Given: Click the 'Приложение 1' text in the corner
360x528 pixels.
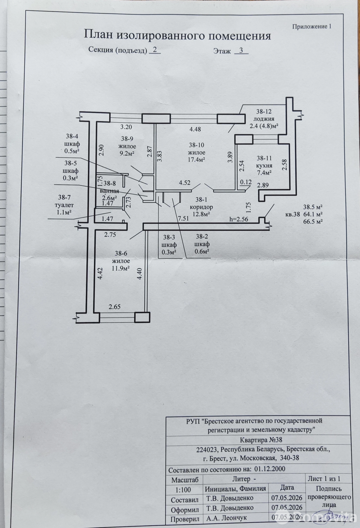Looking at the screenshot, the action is (312, 27).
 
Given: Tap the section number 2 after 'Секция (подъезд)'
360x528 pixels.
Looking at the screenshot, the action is (155, 49).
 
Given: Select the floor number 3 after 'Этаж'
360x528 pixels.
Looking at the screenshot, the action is (241, 50).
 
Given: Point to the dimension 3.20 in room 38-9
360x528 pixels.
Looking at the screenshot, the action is (126, 127).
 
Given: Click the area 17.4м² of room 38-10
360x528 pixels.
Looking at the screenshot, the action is (196, 160).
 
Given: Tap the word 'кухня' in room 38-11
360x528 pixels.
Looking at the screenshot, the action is (264, 165).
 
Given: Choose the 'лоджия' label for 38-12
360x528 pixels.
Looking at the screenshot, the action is (264, 119).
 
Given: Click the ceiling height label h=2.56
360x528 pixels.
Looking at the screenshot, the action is (239, 219).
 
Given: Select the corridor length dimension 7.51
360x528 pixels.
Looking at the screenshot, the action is (183, 218).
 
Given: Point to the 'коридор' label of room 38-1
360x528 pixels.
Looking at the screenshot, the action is (201, 207).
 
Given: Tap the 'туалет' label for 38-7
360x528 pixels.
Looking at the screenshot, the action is (64, 205).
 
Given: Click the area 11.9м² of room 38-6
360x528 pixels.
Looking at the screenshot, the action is (121, 269).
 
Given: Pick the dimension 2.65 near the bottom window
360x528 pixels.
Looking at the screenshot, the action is (115, 307).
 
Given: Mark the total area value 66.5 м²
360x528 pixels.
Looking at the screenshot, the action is (313, 221).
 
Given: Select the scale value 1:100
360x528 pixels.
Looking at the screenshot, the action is (183, 490).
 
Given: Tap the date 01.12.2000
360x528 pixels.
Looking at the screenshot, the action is (270, 469).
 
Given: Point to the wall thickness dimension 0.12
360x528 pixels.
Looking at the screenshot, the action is (246, 182).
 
